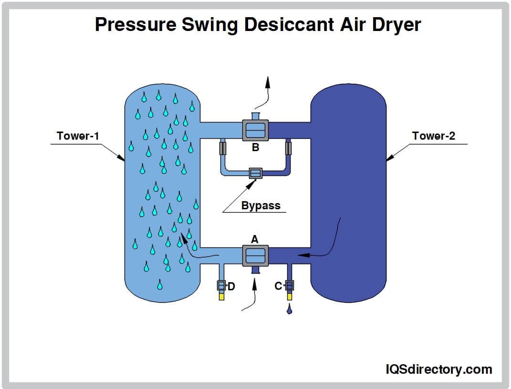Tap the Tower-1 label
78,136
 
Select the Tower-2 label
433,136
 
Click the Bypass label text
261,206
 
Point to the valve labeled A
255,256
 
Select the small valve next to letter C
289,286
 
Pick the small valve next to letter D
222,286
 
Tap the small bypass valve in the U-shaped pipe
256,173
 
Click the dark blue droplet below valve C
289,310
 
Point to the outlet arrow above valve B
268,84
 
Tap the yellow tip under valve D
222,296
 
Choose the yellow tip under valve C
289,296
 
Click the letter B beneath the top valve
255,148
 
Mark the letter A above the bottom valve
255,239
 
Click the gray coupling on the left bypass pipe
222,148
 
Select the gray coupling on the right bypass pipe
288,148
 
